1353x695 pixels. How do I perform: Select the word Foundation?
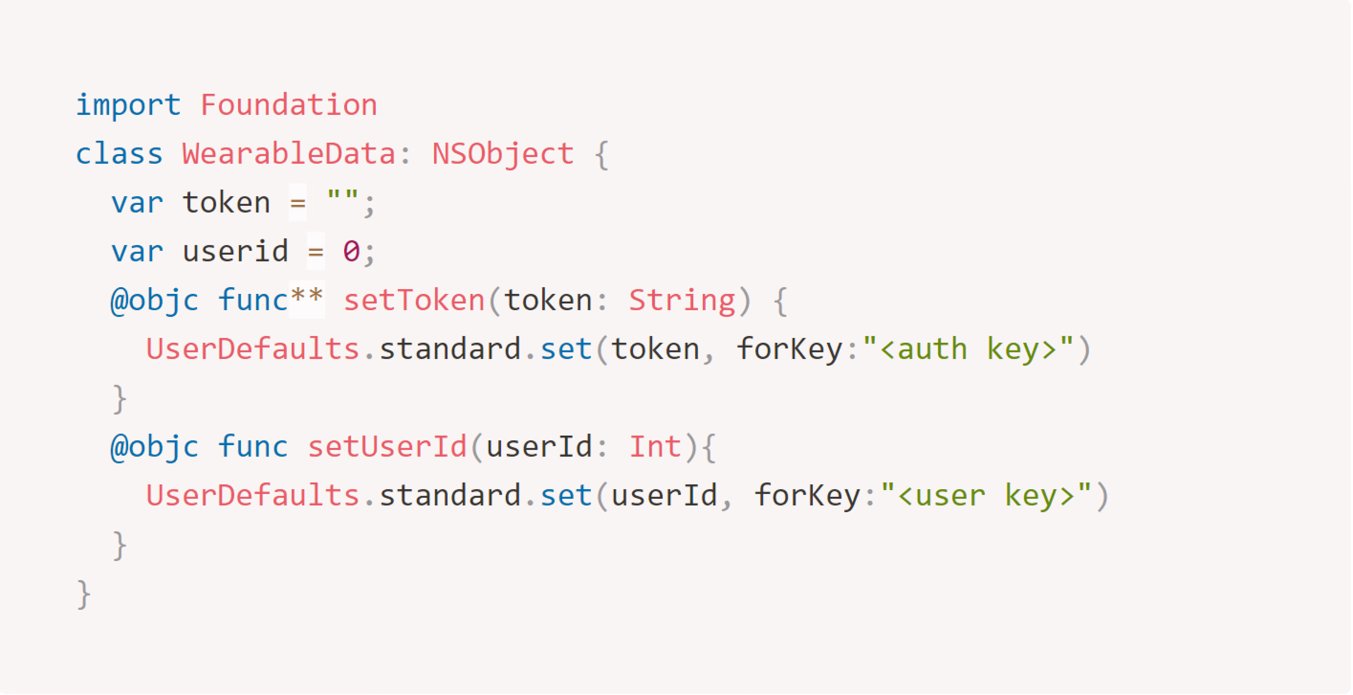(289, 105)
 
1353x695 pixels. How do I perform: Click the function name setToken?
(414, 300)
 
